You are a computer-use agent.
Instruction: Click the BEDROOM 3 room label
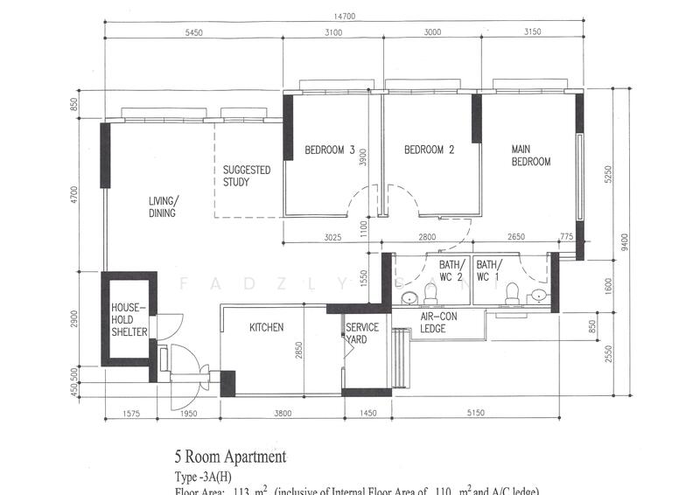(x=329, y=150)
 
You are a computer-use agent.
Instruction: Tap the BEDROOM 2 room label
(x=429, y=150)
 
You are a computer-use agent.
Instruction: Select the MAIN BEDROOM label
(x=531, y=156)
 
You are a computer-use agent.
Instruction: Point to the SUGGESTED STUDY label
(x=247, y=176)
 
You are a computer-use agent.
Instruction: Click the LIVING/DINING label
(x=163, y=206)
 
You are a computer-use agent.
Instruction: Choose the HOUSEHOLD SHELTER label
(x=129, y=319)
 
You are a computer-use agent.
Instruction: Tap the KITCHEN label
(x=266, y=328)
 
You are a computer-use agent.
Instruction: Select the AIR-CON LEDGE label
(x=433, y=323)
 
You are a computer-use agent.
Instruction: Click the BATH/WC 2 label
(x=451, y=270)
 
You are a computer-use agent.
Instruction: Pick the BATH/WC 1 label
(x=488, y=270)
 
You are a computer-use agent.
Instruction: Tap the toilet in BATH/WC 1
(x=513, y=293)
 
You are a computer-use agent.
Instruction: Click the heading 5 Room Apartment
(x=231, y=457)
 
